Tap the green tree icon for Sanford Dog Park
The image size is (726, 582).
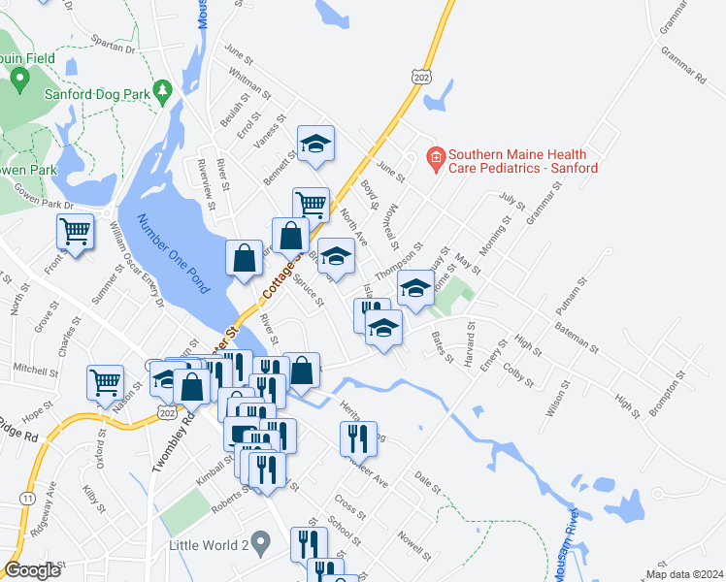click(x=163, y=90)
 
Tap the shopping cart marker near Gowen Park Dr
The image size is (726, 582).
click(x=75, y=231)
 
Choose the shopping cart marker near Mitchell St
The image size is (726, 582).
click(x=105, y=380)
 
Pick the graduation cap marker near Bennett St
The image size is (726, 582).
click(x=314, y=145)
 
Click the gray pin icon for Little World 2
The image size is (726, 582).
click(x=259, y=541)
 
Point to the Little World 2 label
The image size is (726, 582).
click(x=208, y=544)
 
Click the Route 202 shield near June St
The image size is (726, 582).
click(x=419, y=76)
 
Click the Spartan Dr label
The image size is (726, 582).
click(x=111, y=44)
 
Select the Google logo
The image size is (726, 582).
click(x=32, y=570)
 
